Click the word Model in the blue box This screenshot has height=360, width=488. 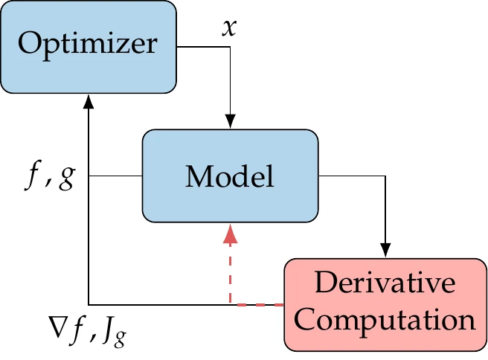(230, 176)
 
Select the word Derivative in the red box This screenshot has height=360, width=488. (385, 283)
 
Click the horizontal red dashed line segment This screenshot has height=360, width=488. (257, 304)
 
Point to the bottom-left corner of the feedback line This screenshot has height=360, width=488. (89, 304)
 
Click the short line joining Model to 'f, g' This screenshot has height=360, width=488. (115, 176)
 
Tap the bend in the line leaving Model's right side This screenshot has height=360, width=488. (385, 176)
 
